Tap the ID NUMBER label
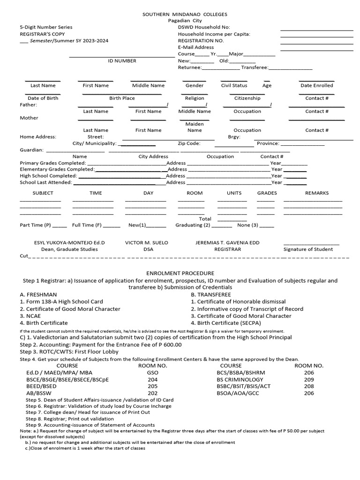(122, 61)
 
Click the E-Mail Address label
(196, 47)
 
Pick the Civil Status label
(234, 86)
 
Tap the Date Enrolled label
(316, 86)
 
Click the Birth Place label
(122, 98)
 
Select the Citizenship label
(247, 98)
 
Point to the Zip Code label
(189, 143)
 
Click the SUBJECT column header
(43, 193)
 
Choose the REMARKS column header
(317, 193)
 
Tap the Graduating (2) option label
(193, 225)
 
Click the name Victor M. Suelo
(146, 243)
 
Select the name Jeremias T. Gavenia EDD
(227, 243)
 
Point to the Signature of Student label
(308, 249)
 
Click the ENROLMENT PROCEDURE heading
(180, 273)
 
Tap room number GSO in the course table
(152, 373)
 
